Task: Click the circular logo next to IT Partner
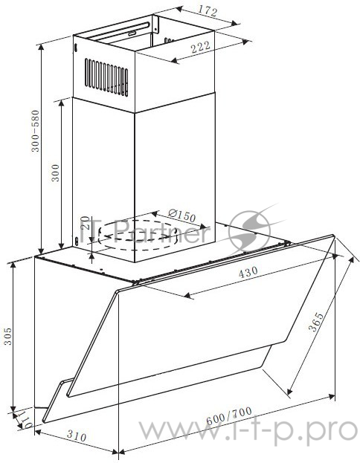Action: tap(248, 230)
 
